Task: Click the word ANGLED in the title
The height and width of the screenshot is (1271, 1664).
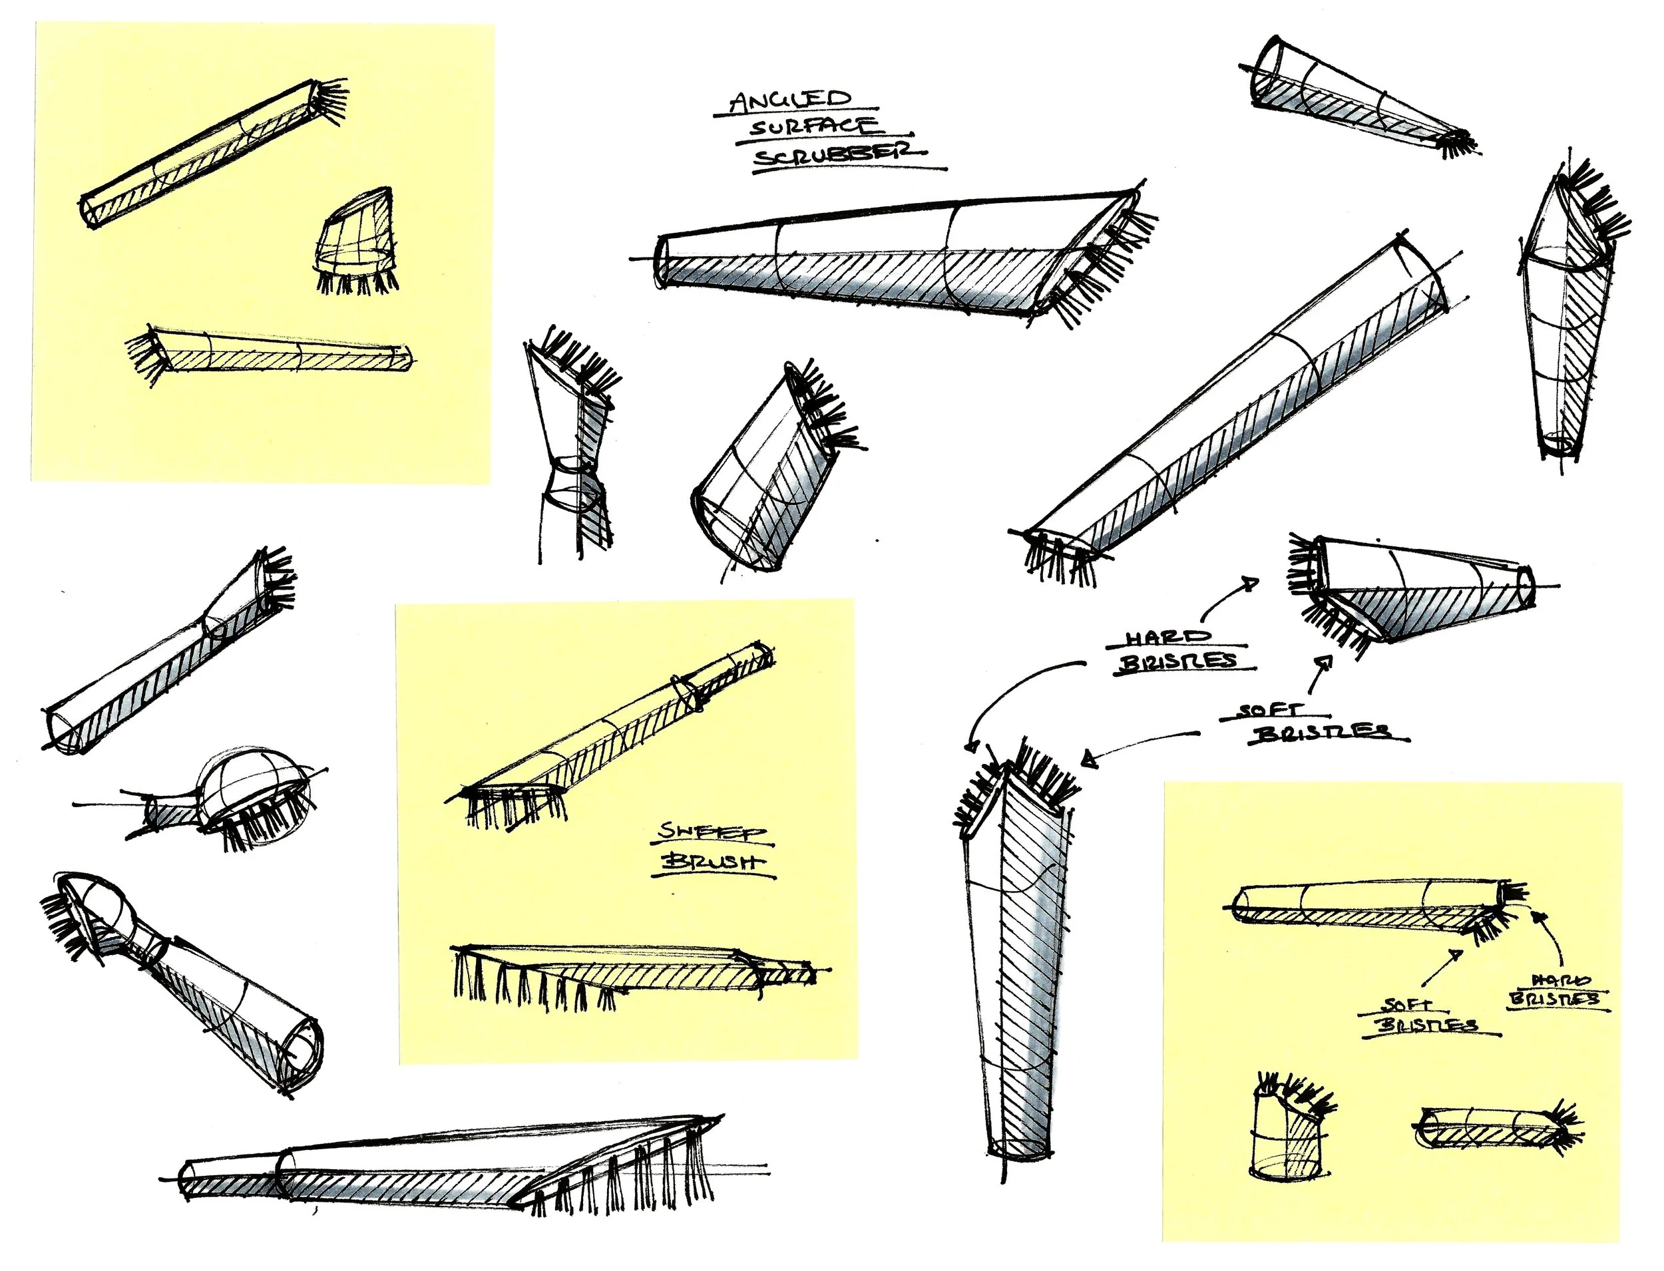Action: pos(791,100)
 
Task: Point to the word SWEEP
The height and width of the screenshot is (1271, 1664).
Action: pos(711,831)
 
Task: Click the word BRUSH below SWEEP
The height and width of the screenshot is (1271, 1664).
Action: pos(713,862)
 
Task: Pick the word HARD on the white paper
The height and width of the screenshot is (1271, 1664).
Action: pos(1167,637)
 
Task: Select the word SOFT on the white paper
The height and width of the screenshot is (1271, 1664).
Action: pos(1273,711)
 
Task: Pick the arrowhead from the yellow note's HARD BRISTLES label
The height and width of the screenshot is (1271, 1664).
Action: pos(1537,916)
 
